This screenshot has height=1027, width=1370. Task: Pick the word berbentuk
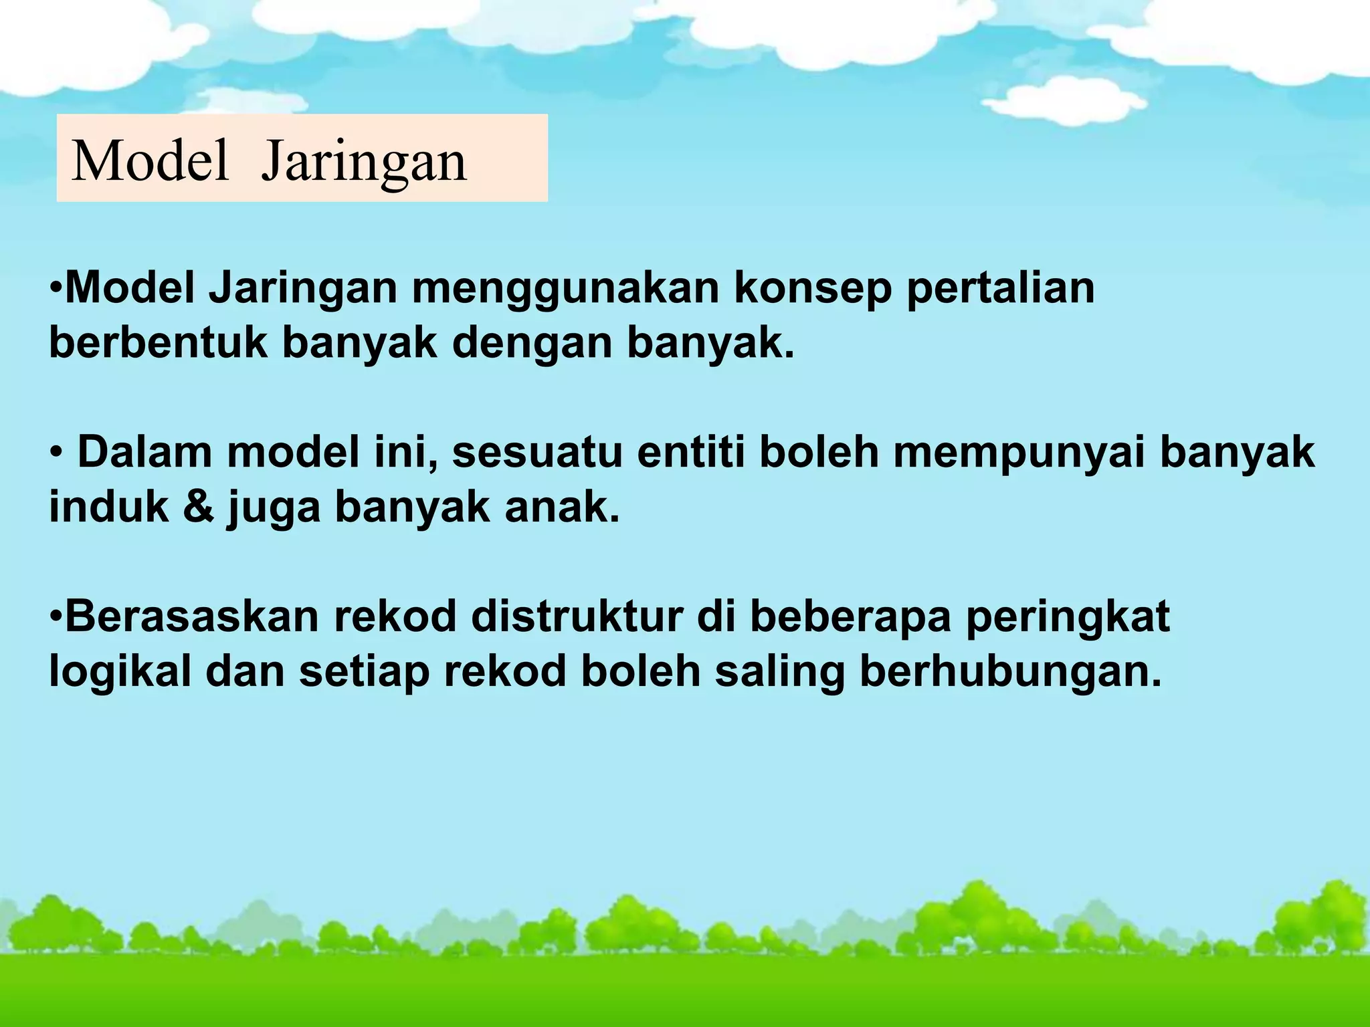tap(158, 343)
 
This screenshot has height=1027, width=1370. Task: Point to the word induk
tap(109, 507)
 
